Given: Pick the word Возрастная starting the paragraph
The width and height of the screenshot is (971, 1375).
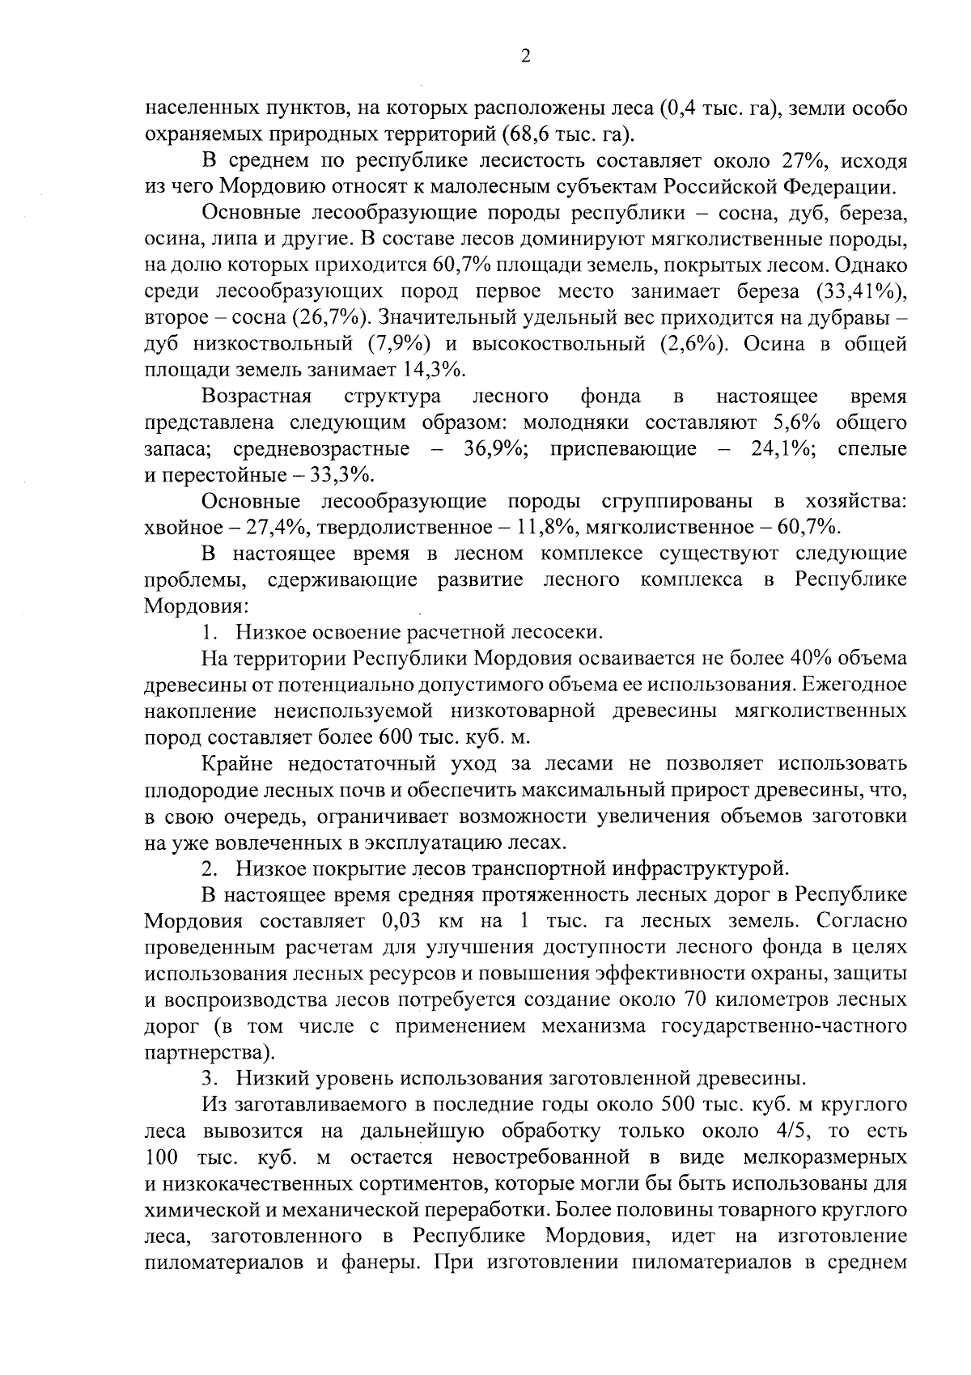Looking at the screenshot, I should coord(257,397).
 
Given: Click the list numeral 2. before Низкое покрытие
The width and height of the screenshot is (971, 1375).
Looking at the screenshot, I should coord(210,868).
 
